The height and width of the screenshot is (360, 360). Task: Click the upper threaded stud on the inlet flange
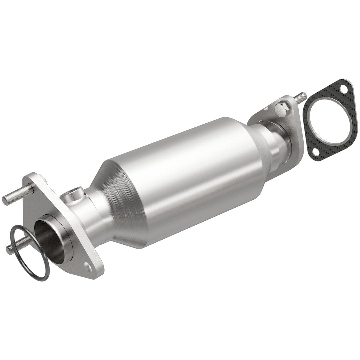[17, 197]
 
